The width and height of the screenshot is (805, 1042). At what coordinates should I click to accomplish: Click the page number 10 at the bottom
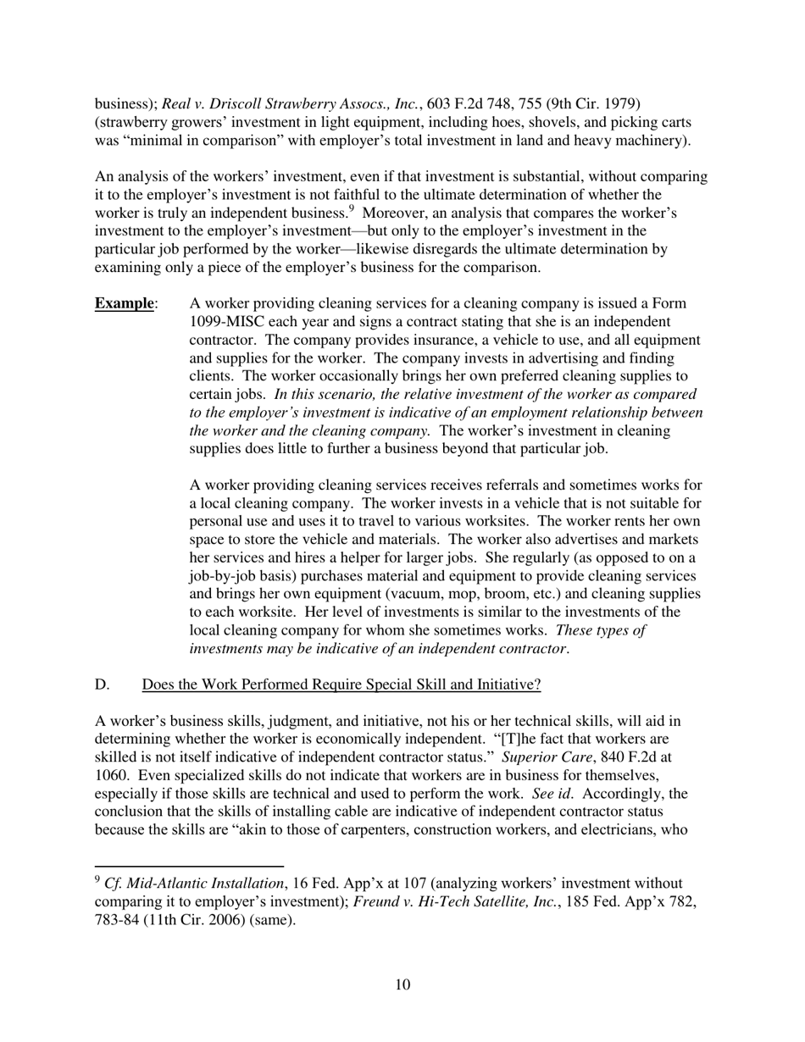[x=402, y=984]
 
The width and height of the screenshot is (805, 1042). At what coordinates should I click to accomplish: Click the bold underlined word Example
[x=125, y=304]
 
